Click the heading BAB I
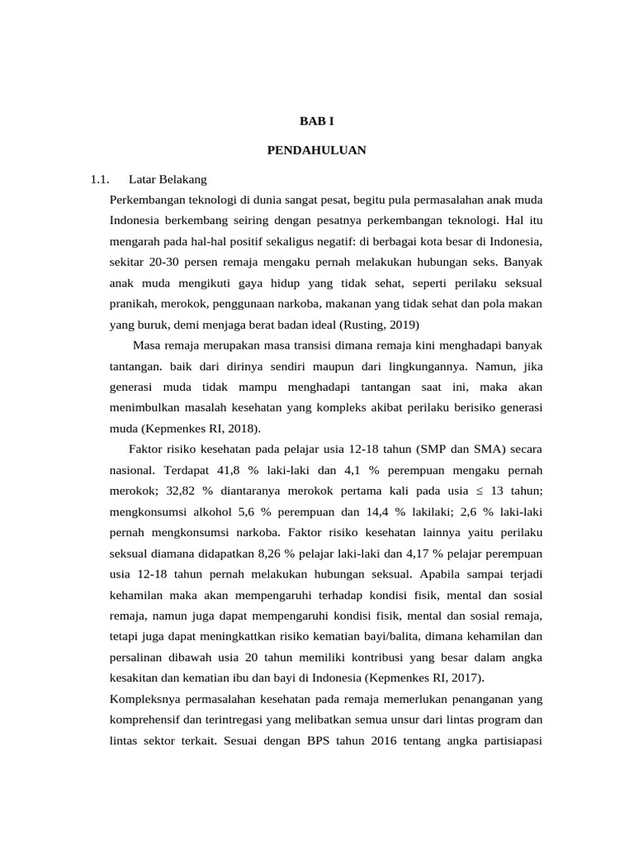click(316, 121)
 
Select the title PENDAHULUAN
click(316, 150)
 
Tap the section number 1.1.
click(100, 178)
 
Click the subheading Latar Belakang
click(168, 178)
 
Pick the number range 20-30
click(163, 262)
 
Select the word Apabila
click(444, 574)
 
